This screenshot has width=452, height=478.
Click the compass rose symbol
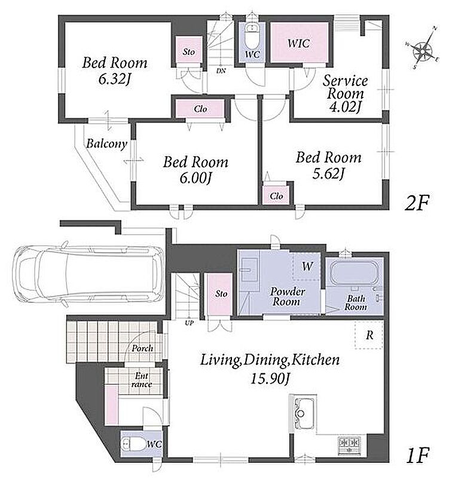tap(423, 49)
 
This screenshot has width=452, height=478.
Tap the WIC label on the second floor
tap(298, 43)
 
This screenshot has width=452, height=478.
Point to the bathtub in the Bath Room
tap(353, 272)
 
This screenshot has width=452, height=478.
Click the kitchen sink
tap(303, 413)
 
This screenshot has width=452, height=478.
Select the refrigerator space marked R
tap(369, 335)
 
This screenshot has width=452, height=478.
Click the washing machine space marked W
tap(307, 266)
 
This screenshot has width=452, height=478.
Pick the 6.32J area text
tap(115, 79)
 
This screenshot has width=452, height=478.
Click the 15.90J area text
tap(270, 378)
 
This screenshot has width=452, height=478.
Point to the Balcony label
tap(106, 143)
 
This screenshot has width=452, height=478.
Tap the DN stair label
tap(221, 71)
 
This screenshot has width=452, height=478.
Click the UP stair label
tap(189, 323)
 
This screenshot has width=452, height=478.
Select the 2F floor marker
tap(417, 203)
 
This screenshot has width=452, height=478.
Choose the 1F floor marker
tap(418, 455)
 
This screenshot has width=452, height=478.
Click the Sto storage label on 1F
tap(221, 294)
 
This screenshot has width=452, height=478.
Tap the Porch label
tap(142, 348)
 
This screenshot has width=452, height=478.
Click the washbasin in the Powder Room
tap(249, 269)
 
